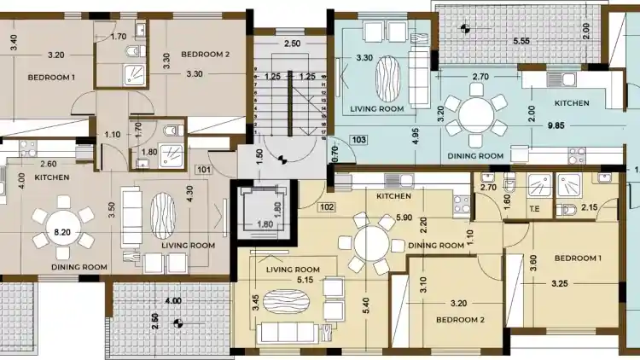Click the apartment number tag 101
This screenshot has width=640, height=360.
[204, 170]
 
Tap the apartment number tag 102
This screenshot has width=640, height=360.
[327, 207]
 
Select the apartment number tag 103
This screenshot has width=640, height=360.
[358, 140]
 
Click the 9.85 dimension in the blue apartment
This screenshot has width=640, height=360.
[556, 125]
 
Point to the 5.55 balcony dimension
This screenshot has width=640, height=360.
[521, 41]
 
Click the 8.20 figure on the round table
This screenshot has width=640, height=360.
[62, 232]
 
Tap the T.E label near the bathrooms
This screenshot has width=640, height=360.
[534, 208]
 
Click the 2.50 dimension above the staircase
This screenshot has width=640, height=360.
[292, 44]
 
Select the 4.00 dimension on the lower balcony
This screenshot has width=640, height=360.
[173, 301]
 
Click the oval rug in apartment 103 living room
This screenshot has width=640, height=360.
[387, 78]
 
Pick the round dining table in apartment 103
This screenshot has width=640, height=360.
[476, 115]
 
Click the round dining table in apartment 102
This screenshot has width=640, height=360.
[371, 244]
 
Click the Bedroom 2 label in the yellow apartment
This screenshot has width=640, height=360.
[460, 320]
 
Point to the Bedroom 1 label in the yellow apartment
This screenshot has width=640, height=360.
[578, 258]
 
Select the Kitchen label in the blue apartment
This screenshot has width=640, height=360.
[572, 103]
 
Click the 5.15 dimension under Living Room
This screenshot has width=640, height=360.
[305, 280]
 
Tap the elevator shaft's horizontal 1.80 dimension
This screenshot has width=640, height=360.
[265, 224]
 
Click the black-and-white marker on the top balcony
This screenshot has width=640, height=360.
[464, 28]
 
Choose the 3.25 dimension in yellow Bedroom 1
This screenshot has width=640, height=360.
[559, 283]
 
